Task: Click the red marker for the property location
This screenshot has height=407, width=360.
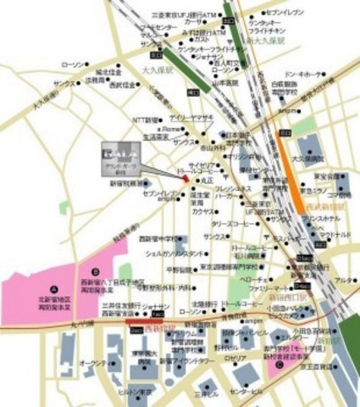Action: pyautogui.click(x=186, y=177)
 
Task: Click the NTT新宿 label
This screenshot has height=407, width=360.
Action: pyautogui.click(x=147, y=120)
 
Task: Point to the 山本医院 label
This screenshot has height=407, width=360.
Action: pyautogui.click(x=223, y=85)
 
